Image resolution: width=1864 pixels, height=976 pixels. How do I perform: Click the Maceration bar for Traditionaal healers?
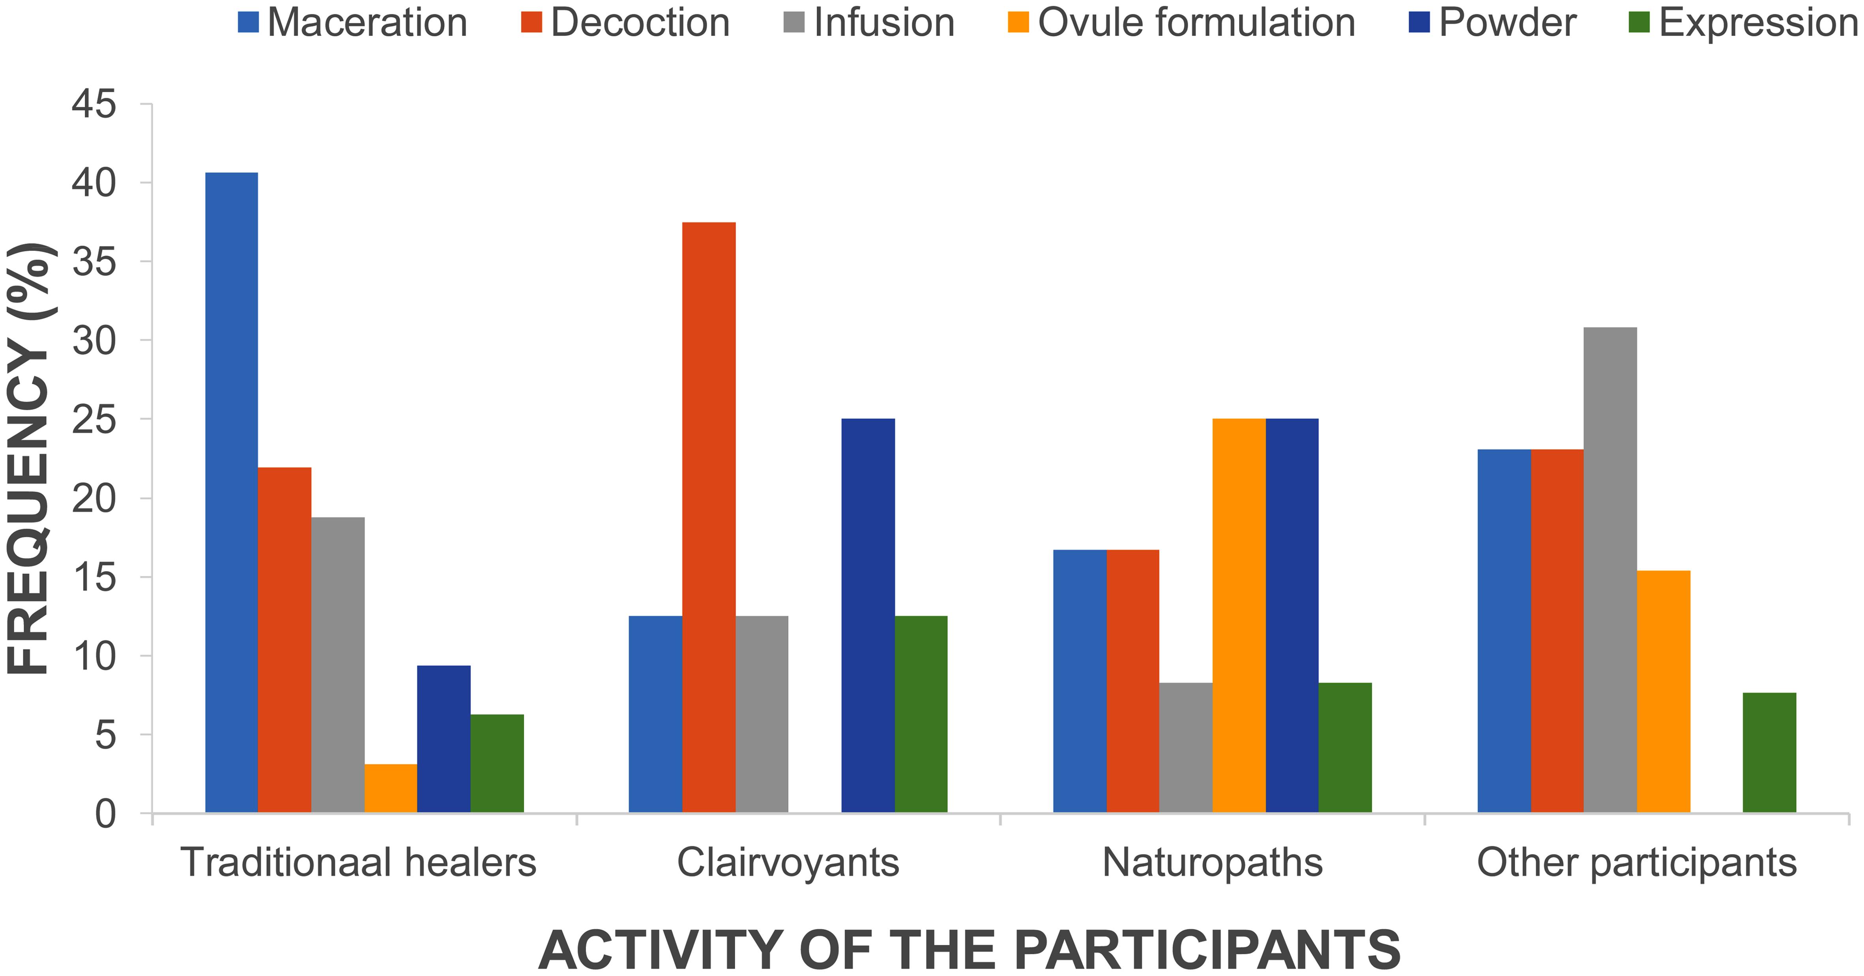[x=232, y=492]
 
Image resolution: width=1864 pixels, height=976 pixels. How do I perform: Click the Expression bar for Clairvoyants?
[x=921, y=714]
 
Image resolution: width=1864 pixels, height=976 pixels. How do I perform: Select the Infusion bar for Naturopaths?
[x=1185, y=747]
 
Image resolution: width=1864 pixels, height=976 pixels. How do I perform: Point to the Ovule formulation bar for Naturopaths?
[x=1239, y=615]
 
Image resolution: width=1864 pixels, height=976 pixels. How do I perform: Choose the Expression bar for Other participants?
[x=1769, y=752]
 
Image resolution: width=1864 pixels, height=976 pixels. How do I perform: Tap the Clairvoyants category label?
[x=788, y=862]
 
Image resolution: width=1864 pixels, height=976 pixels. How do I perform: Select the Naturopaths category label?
[x=1212, y=862]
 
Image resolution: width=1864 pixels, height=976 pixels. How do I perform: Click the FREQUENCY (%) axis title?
[x=29, y=460]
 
